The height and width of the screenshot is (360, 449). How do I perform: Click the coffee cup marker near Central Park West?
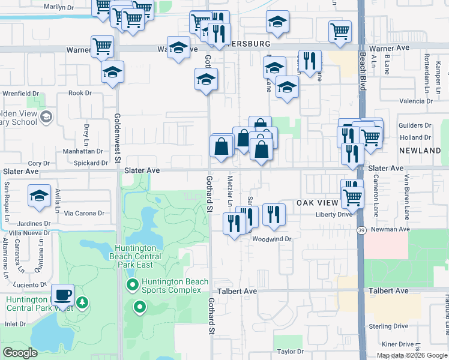62,295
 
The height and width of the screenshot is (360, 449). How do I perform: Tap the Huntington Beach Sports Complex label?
175,286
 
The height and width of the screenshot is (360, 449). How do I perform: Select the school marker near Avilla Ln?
40,196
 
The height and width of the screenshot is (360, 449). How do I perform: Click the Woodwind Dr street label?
271,239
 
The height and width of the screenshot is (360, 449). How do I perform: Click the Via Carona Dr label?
84,213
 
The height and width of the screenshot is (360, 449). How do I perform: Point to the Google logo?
20,353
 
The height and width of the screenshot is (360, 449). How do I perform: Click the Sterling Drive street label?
389,326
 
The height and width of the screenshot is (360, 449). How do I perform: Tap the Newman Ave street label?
390,230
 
